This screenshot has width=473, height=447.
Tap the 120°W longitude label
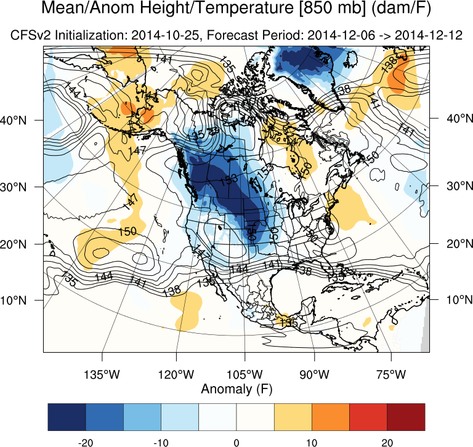click(x=176, y=374)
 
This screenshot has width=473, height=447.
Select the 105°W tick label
click(x=245, y=374)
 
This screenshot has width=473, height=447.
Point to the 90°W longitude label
click(x=314, y=374)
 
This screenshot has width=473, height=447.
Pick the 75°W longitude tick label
click(x=392, y=374)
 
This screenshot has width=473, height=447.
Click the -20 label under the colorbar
click(x=86, y=441)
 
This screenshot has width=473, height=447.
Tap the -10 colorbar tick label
click(x=161, y=441)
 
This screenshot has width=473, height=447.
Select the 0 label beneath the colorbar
click(x=236, y=441)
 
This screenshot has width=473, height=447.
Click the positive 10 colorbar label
click(x=312, y=441)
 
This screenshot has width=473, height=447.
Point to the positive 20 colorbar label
click(x=387, y=441)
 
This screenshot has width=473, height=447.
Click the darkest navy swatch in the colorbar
click(x=67, y=417)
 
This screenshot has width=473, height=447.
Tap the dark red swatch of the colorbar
click(x=406, y=417)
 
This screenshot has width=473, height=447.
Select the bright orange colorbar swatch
click(x=331, y=417)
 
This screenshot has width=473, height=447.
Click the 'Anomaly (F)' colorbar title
click(x=236, y=389)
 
